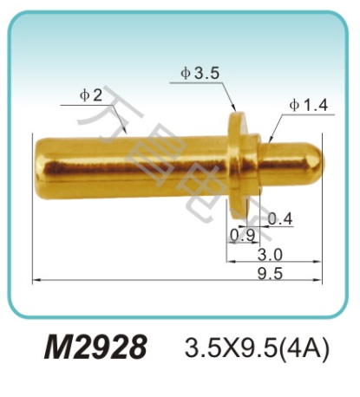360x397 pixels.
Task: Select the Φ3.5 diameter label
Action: [200, 74]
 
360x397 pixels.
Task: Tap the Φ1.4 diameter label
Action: [308, 105]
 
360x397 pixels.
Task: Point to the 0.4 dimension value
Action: [279, 218]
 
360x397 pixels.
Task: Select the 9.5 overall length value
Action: [271, 273]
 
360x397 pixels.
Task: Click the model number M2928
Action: [96, 348]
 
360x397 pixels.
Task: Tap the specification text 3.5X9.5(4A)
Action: [258, 349]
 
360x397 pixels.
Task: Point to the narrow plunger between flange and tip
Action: [278, 158]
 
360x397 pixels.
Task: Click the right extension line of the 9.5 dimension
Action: [323, 234]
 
